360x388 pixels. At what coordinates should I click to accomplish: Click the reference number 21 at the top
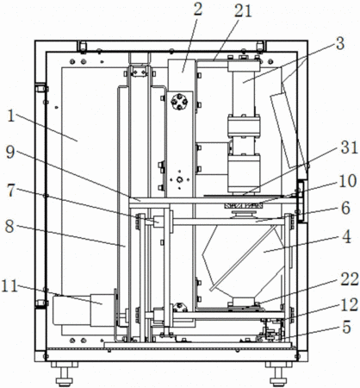(x=243, y=12)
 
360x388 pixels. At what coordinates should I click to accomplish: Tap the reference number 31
(x=349, y=148)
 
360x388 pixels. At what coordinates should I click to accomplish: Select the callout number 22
(x=350, y=279)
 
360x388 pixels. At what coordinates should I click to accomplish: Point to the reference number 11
(x=9, y=286)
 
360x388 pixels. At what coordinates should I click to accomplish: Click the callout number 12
(x=350, y=305)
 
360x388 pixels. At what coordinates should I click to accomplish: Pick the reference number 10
(x=348, y=181)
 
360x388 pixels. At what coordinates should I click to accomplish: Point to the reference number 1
(x=11, y=116)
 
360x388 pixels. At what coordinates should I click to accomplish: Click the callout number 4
(x=346, y=237)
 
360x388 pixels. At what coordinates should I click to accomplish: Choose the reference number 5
(x=346, y=327)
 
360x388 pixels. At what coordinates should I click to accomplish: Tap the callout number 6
(x=345, y=208)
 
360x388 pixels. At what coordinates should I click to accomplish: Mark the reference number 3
(x=340, y=44)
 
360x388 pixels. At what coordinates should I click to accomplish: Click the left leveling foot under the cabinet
(x=65, y=373)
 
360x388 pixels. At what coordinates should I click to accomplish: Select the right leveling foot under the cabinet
(x=278, y=373)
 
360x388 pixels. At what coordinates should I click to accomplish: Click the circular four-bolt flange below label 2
(x=179, y=102)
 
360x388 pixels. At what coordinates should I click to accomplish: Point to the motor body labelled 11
(x=84, y=310)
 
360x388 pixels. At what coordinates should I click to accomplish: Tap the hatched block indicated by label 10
(x=244, y=206)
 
